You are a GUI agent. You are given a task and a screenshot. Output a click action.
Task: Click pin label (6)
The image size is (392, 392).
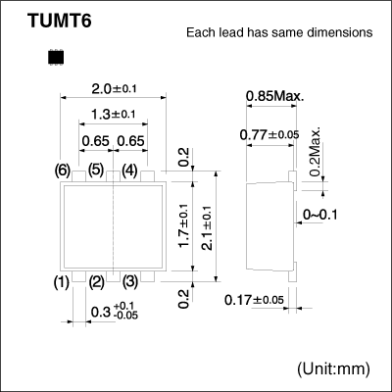63,171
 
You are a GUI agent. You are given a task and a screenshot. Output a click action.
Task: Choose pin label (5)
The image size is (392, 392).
96,171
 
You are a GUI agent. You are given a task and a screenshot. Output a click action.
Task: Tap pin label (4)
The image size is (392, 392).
129,171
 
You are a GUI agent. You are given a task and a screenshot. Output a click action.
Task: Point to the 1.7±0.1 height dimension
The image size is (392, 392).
183,226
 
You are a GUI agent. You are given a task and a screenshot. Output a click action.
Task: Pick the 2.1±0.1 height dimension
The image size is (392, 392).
207,226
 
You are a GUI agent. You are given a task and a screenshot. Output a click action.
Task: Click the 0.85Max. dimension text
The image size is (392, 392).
274,96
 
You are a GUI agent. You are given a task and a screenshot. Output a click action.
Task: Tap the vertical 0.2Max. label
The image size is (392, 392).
316,152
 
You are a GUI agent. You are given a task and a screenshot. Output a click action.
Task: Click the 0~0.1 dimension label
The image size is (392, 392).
324,214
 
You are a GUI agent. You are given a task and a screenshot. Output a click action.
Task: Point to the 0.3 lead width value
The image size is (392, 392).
97,314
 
